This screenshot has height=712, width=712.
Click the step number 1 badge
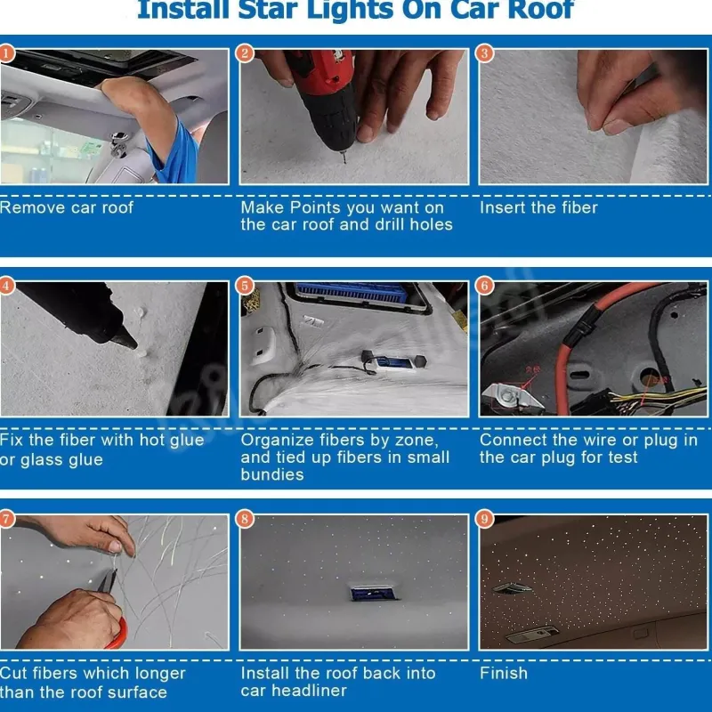pos(6,53)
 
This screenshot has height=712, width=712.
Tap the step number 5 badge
pos(245,286)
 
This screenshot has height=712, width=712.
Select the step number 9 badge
pos(484,519)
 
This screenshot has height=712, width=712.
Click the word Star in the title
pos(271,10)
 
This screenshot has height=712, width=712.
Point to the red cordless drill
pos(325,98)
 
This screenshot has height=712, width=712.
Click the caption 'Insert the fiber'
pos(538,207)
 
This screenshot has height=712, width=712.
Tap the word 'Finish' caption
pos(504,673)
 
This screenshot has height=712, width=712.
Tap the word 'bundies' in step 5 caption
pos(272,474)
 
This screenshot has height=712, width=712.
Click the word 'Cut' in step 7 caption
pos(12,673)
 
